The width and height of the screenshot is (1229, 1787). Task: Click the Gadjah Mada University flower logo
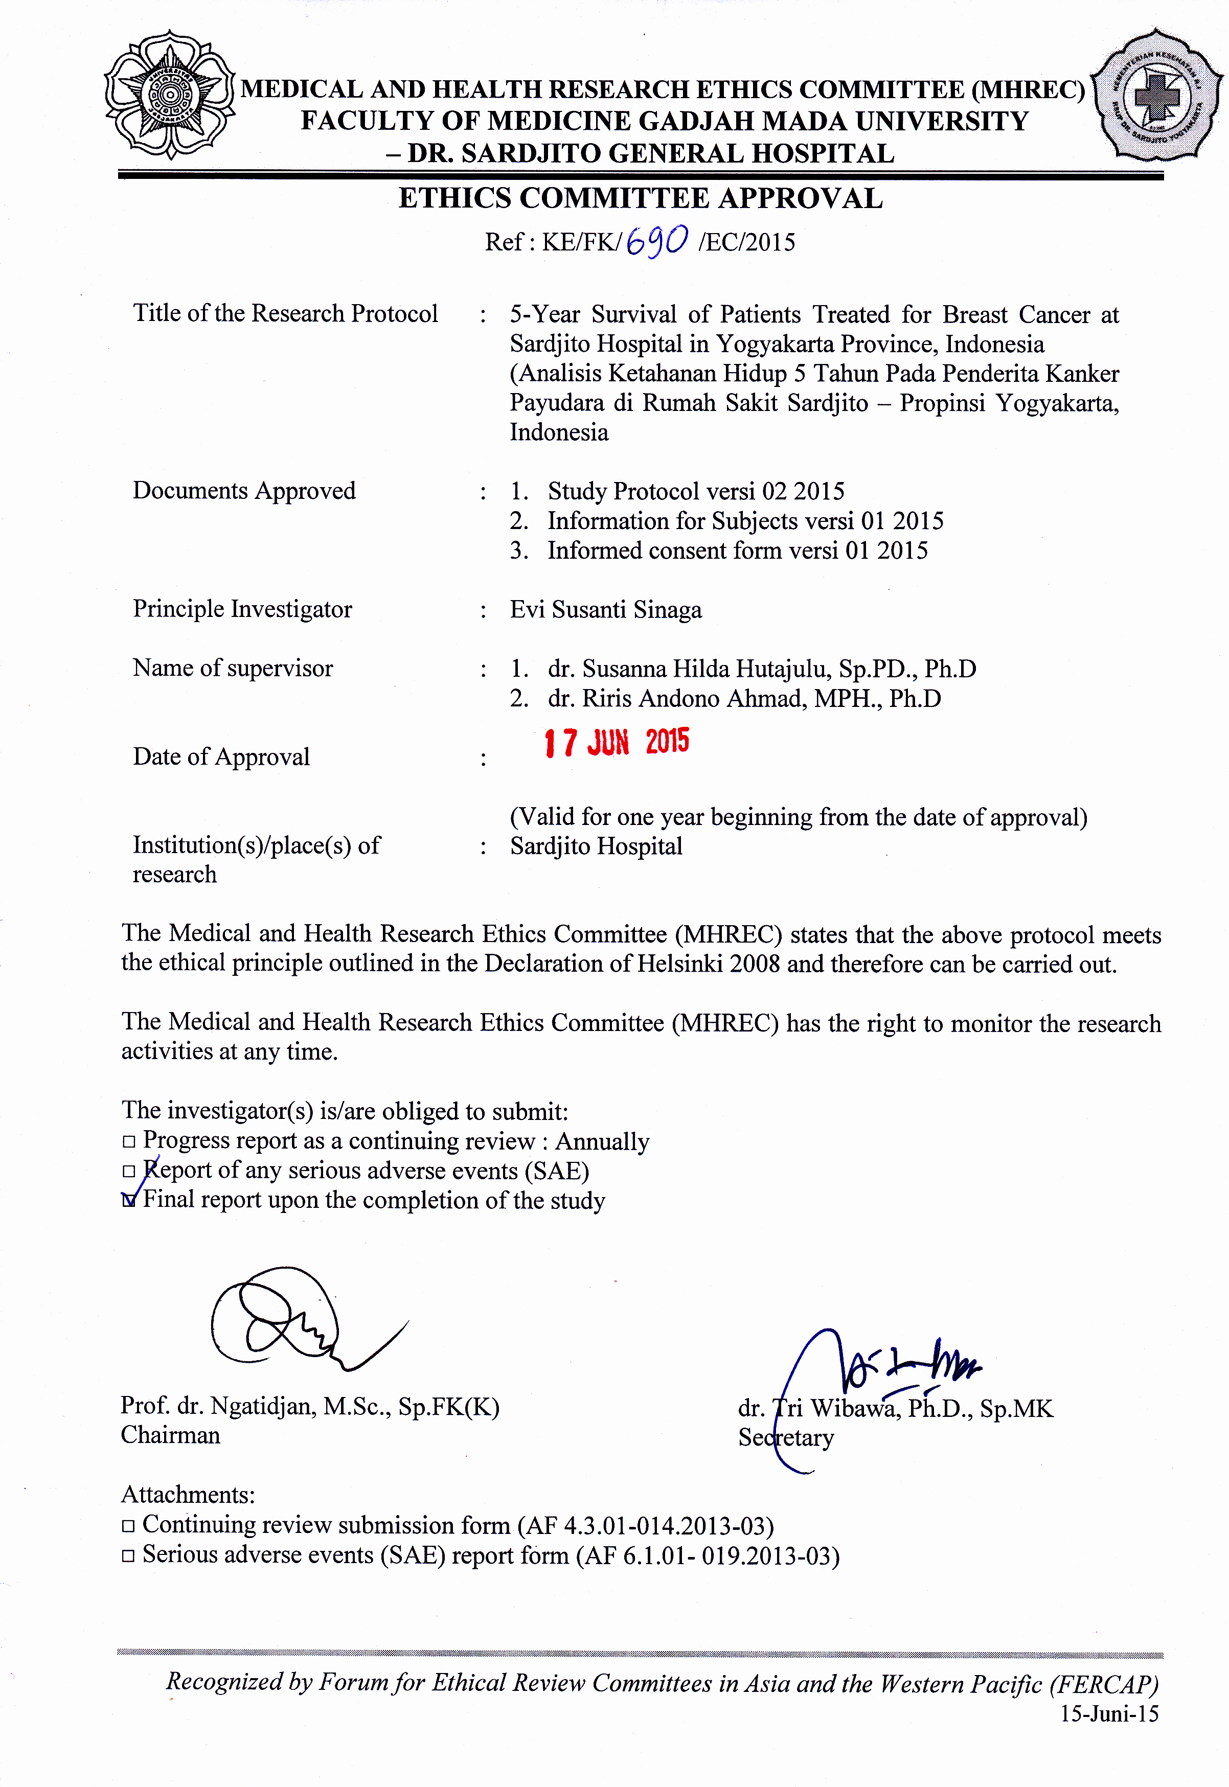[x=169, y=94]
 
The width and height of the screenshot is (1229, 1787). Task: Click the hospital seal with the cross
[x=1156, y=96]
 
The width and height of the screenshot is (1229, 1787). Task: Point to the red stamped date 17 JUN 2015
[x=616, y=742]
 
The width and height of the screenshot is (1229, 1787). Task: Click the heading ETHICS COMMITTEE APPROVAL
[x=640, y=199]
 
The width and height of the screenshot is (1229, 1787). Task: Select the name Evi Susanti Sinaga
[x=605, y=610]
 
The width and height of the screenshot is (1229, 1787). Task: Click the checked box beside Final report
[x=129, y=1200]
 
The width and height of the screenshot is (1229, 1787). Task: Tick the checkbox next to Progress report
[x=129, y=1142]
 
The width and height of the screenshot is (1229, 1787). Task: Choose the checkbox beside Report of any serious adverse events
[x=129, y=1171]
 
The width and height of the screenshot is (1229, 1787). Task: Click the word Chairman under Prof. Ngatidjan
[x=170, y=1435]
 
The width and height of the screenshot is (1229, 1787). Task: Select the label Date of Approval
[x=221, y=757]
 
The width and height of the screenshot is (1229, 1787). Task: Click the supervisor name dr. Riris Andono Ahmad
[x=744, y=698]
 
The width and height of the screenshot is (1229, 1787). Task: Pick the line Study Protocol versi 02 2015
[x=695, y=491]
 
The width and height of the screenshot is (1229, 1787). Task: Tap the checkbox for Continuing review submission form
[x=129, y=1525]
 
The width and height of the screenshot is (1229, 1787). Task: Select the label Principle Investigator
[x=242, y=609]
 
